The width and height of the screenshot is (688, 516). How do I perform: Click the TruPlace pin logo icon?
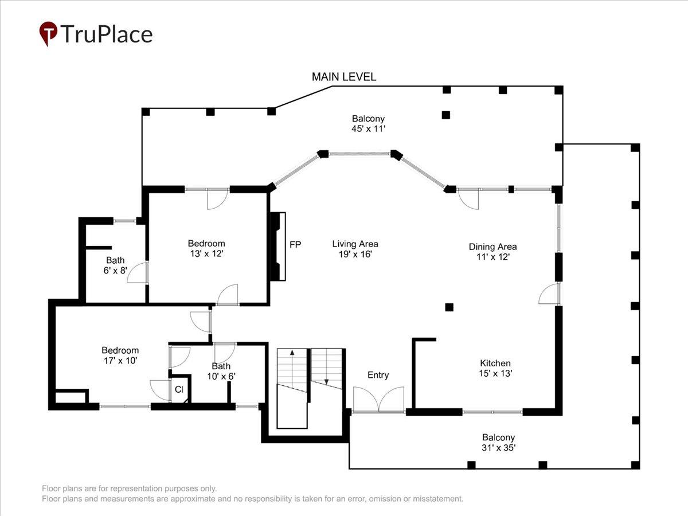point(48,33)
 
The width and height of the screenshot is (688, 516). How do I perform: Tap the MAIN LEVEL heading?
point(344,77)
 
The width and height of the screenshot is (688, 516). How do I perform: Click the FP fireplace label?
point(295,244)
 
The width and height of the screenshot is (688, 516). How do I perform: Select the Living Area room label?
point(355,249)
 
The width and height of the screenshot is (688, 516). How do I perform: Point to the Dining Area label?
point(492,252)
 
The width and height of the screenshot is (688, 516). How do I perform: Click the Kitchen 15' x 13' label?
point(495,368)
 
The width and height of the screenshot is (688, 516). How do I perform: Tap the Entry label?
point(378,375)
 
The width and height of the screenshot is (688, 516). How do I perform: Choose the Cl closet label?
point(179,389)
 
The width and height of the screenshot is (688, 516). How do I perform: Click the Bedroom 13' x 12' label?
point(206,248)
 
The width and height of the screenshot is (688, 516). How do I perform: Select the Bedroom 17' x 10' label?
point(120,355)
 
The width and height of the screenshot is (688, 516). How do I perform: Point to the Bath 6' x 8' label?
point(115,265)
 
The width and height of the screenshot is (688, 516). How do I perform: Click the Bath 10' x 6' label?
point(221,371)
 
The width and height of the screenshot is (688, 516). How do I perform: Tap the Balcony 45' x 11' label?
point(368,123)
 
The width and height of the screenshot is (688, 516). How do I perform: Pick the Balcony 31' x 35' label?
point(499,443)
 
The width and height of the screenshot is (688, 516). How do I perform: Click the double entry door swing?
point(378,400)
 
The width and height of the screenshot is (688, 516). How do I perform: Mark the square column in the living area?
point(449,307)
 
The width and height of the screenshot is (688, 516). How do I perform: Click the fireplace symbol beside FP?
point(278,247)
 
